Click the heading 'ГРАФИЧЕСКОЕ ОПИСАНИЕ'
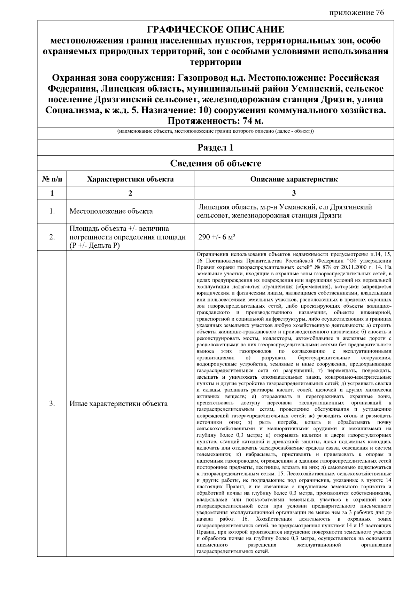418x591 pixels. tap(215, 29)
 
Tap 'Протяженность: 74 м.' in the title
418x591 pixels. tap(216, 121)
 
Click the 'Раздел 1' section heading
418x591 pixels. tap(215, 148)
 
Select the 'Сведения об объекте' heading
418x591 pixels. tap(215, 163)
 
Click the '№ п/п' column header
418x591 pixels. tap(52, 179)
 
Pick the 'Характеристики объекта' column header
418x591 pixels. tap(130, 179)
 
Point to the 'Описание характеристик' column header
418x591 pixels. tap(294, 179)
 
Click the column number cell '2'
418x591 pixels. tap(130, 193)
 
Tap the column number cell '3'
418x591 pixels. tap(294, 193)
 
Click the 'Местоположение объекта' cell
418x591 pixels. tap(111, 211)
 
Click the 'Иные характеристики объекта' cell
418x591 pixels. tap(118, 404)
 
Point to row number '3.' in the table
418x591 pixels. tap(52, 404)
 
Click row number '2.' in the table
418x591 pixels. tap(52, 237)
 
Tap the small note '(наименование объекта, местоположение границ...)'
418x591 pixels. tap(215, 132)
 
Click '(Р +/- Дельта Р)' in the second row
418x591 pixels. tap(94, 245)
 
